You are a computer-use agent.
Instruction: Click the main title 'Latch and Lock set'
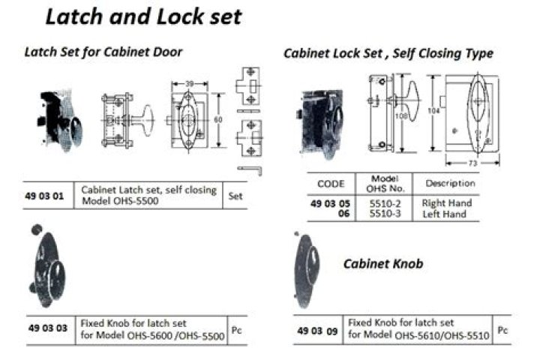coord(143,16)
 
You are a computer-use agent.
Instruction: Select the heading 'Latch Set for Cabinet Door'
coord(103,52)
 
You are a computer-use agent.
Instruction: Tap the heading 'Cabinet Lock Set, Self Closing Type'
coord(388,53)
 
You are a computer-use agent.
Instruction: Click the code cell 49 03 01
coord(44,196)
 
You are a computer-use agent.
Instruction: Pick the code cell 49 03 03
coord(48,328)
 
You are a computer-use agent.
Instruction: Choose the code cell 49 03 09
coord(317,331)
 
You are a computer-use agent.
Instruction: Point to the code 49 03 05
coord(330,203)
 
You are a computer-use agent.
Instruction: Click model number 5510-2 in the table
coord(385,203)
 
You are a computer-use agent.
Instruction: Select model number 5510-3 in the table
coord(385,214)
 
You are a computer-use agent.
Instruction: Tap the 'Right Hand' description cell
coord(447,203)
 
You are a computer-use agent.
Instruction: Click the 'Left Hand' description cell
coord(444,214)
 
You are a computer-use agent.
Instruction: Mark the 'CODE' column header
coord(331,184)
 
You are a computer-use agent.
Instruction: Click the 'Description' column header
coord(450,183)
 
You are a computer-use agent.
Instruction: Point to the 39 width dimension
coord(190,83)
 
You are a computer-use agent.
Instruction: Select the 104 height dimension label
coord(433,110)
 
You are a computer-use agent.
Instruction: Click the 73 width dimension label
coord(472,163)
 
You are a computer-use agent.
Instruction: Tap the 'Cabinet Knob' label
coord(383,264)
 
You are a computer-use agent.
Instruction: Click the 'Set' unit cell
coord(235,196)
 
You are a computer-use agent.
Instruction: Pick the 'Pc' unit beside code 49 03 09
coord(502,330)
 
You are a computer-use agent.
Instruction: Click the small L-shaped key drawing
coord(250,170)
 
